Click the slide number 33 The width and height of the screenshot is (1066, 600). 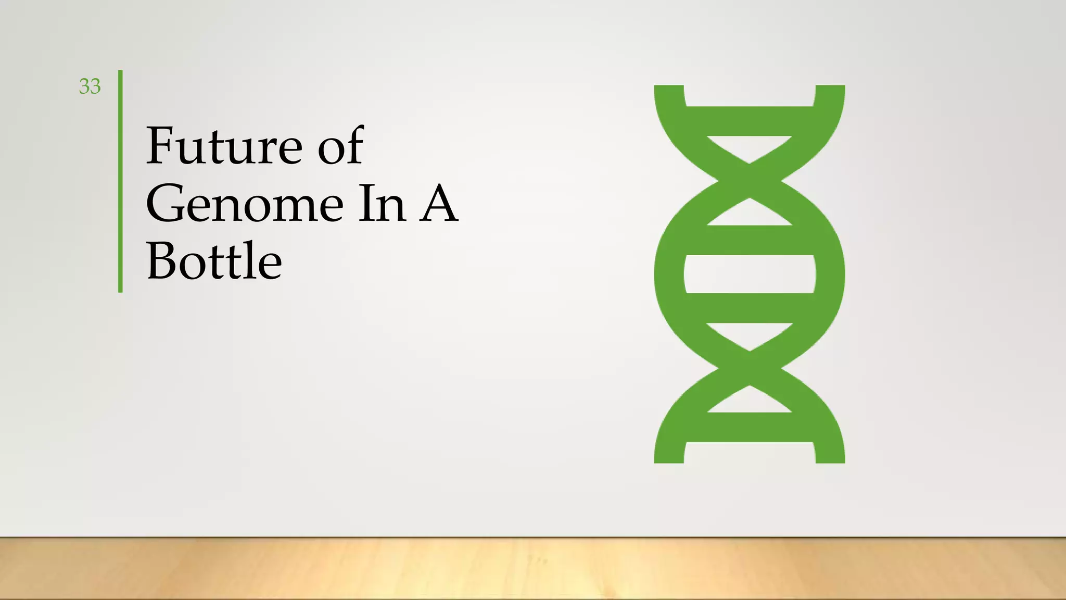(90, 86)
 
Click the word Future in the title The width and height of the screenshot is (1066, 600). (224, 146)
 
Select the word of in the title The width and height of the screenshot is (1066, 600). (340, 146)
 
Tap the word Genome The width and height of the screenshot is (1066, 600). (245, 204)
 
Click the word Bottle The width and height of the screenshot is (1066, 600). (214, 261)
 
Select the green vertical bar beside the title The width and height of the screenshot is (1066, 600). (120, 181)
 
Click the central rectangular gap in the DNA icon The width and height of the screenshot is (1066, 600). (750, 274)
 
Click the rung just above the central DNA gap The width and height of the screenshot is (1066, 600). (750, 240)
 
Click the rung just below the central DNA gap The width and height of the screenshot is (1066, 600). (750, 308)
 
